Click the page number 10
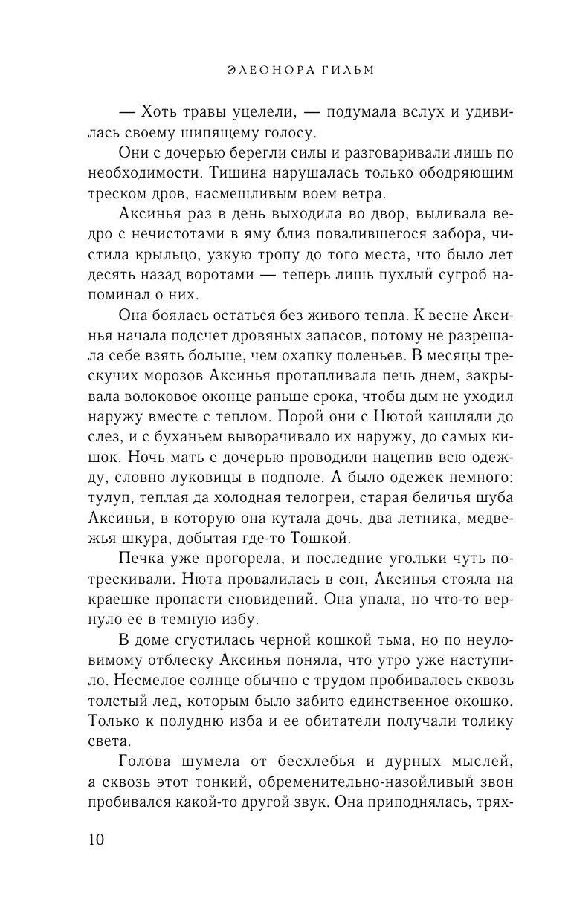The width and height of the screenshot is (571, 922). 96,840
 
